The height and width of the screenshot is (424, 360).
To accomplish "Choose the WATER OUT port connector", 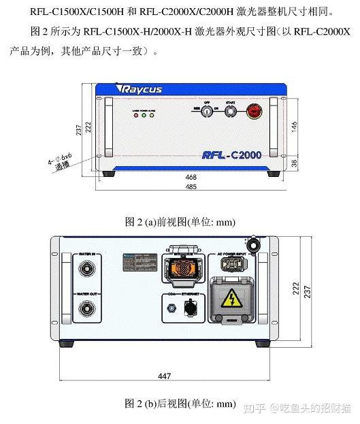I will (x=87, y=310).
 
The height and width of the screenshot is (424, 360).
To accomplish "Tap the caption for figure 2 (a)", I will (x=180, y=221).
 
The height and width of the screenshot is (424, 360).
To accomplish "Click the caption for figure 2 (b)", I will (x=180, y=404).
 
